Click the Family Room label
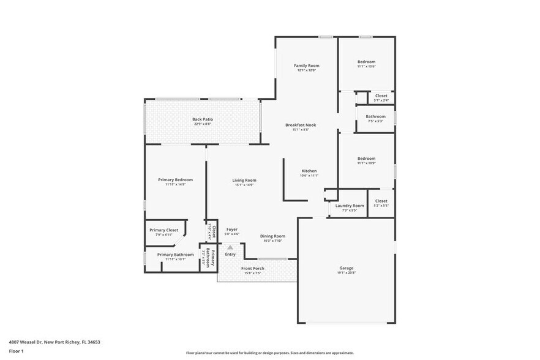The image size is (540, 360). click(306, 66)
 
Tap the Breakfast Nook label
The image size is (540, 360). click(301, 125)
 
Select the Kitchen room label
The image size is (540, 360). click(309, 171)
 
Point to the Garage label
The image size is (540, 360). click(347, 268)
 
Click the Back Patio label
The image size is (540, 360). click(202, 119)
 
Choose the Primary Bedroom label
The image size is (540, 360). click(175, 180)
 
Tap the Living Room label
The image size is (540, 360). click(244, 180)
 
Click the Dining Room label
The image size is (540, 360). click(272, 236)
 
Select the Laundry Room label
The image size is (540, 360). click(349, 206)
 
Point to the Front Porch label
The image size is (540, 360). click(252, 268)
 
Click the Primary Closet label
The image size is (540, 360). click(163, 230)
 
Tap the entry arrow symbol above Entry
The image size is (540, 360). click(230, 247)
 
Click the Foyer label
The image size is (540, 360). click(231, 230)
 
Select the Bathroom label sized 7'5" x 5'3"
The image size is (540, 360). click(375, 116)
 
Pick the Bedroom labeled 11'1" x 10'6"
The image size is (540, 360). click(366, 62)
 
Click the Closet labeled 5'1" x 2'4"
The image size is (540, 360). click(381, 96)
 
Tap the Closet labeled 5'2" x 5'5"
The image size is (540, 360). click(381, 201)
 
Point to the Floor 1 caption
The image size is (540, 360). click(17, 351)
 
